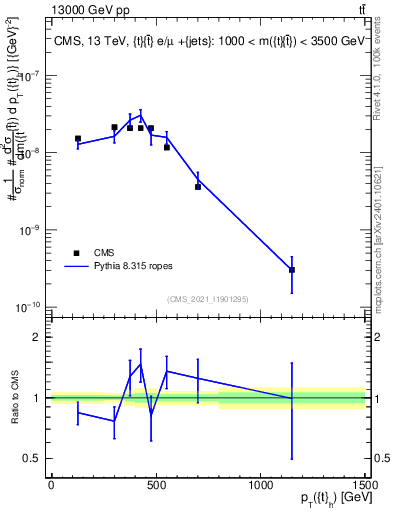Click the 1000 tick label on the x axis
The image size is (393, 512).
(260, 484)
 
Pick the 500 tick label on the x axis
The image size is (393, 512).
(155, 484)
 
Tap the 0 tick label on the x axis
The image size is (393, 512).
(51, 484)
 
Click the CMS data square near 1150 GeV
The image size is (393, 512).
(292, 270)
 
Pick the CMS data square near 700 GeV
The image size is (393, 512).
(198, 186)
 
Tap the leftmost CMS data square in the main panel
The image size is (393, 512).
(78, 139)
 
